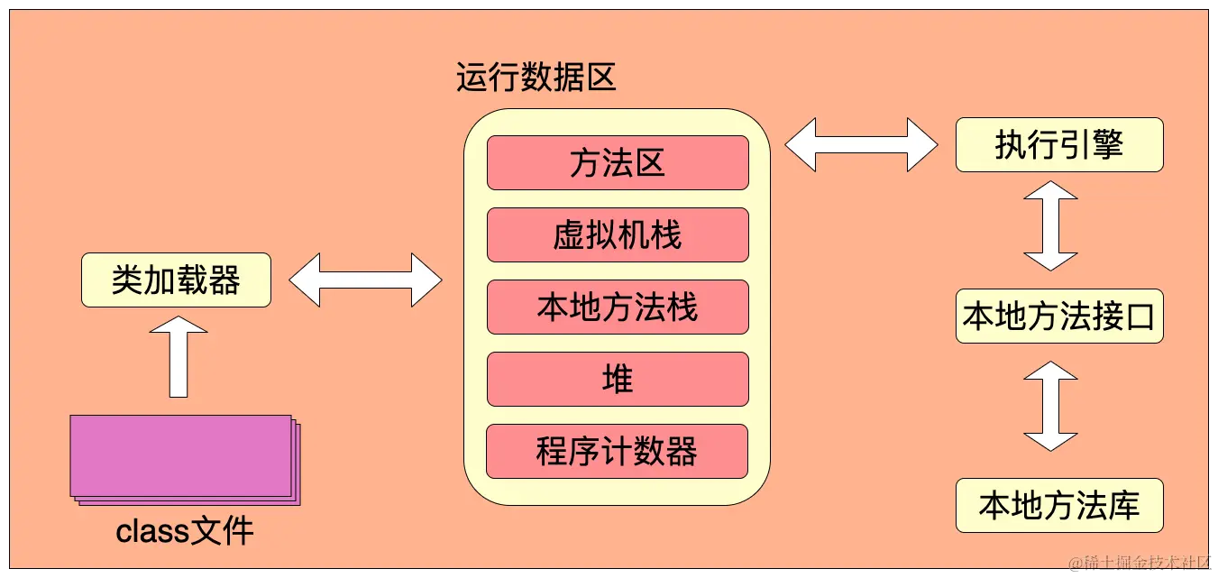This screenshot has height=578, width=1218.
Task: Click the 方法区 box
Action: pos(618,162)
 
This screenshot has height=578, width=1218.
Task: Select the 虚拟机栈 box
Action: pos(618,234)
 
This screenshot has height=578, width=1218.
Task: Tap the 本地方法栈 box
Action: pos(618,307)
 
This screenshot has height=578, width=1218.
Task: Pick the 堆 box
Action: pos(618,379)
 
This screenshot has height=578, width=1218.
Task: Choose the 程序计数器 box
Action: pos(618,451)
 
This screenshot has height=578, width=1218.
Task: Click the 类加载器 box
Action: pos(176,280)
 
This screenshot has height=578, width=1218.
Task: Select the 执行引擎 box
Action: pos(1059,144)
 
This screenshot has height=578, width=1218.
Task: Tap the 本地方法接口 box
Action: pos(1059,316)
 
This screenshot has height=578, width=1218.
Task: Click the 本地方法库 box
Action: pos(1059,505)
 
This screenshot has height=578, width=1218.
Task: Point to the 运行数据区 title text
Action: pos(536,78)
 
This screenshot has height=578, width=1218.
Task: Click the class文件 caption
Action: pos(185,531)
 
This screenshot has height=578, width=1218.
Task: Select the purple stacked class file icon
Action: pos(184,458)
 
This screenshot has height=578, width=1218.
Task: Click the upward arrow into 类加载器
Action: pos(179,357)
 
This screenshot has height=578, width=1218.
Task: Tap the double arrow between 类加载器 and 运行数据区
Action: pos(365,280)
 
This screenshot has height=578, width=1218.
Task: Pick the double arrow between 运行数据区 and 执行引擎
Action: pos(861,144)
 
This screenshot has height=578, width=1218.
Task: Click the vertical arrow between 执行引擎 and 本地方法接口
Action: pos(1050,225)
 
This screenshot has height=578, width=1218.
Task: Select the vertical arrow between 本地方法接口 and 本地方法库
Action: pos(1050,406)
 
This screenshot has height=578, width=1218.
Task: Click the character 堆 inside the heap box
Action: pos(618,379)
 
